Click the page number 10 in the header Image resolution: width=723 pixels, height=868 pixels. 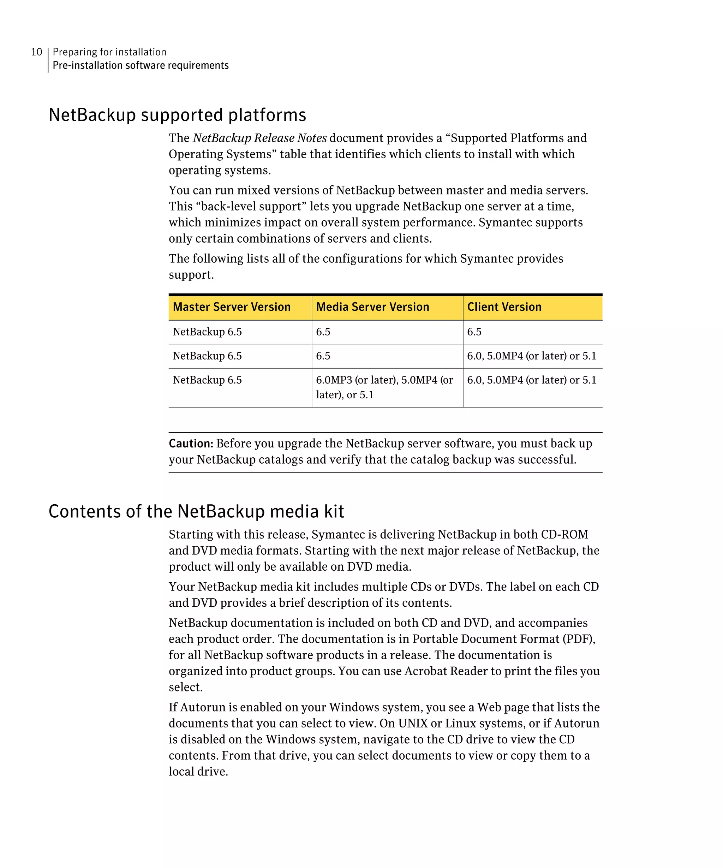[36, 52]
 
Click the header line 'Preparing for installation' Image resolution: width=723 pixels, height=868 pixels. [109, 52]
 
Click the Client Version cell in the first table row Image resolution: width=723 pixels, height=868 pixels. [474, 332]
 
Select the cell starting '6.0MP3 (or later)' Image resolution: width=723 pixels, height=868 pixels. [384, 387]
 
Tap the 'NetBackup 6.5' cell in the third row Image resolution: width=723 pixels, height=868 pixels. [207, 380]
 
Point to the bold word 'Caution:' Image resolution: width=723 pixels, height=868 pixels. [191, 444]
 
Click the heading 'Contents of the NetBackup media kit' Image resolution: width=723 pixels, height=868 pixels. [196, 511]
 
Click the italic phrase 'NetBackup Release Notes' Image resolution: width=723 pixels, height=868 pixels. [260, 138]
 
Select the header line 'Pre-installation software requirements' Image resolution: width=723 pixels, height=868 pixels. [141, 66]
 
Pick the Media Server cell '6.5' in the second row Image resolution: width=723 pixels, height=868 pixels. [323, 356]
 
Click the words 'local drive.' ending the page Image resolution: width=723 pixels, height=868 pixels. [198, 772]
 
